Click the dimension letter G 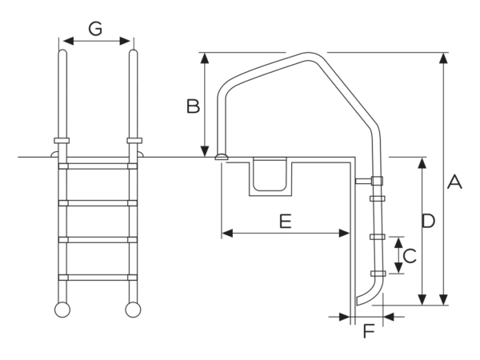(x=95, y=29)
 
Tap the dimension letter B (x=193, y=106)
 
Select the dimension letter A (x=454, y=182)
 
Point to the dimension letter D (x=428, y=221)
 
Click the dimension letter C (x=410, y=256)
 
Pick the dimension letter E (x=286, y=222)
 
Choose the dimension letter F (x=369, y=330)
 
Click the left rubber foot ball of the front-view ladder (x=62, y=310)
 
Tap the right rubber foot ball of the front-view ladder (x=133, y=310)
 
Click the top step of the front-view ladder (x=98, y=166)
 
